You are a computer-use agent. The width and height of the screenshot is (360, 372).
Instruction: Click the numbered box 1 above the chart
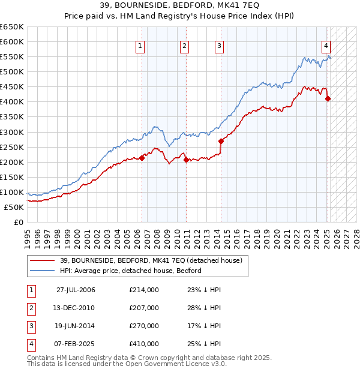140,46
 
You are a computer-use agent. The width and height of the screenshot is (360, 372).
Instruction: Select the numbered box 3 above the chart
219,46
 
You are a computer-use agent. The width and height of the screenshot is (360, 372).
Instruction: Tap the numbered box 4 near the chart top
326,46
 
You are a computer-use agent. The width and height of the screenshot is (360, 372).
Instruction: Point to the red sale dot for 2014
221,141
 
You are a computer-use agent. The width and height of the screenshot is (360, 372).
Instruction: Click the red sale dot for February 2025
328,99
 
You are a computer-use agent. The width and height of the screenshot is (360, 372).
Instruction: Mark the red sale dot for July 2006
142,158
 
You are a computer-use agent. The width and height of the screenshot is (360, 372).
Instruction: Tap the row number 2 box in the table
30,308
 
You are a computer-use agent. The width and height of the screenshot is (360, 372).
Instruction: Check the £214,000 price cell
144,290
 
